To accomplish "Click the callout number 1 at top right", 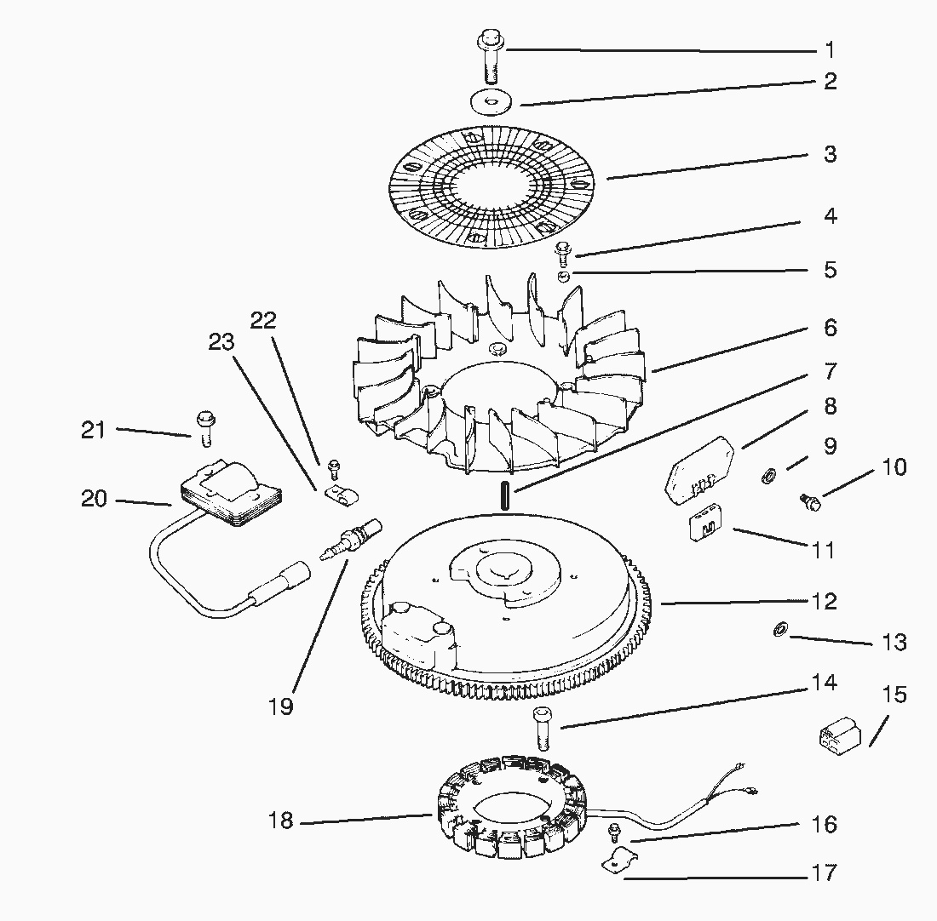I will click(x=829, y=49).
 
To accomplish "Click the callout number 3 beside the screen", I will click(x=829, y=154).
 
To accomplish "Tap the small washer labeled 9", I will click(x=766, y=473).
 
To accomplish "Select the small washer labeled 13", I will click(x=779, y=630).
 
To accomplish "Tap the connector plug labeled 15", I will click(x=838, y=734).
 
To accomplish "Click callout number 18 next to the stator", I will click(x=281, y=821).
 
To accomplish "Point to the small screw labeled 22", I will click(x=334, y=465).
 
